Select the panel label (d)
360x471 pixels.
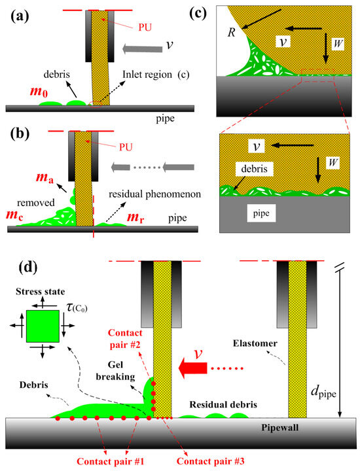pos(20,268)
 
